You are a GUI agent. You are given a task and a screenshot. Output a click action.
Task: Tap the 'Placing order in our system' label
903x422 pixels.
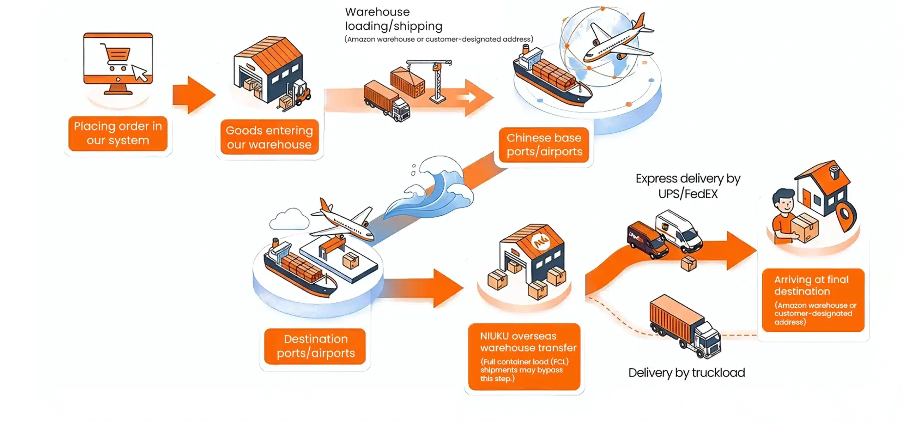[118, 133]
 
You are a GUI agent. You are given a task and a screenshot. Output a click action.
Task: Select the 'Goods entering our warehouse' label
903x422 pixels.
[269, 137]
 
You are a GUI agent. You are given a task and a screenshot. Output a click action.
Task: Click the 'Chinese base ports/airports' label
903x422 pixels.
[544, 145]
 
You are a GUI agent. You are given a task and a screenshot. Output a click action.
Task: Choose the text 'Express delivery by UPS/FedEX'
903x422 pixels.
[688, 186]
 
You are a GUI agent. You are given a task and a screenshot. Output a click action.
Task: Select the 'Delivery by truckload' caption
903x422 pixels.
[686, 373]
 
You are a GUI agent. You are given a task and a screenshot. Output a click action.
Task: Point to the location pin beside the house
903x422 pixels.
[846, 215]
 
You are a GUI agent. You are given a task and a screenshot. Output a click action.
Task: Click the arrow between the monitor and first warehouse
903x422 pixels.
[193, 95]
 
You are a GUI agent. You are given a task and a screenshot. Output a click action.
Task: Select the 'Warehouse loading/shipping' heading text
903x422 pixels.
[393, 19]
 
